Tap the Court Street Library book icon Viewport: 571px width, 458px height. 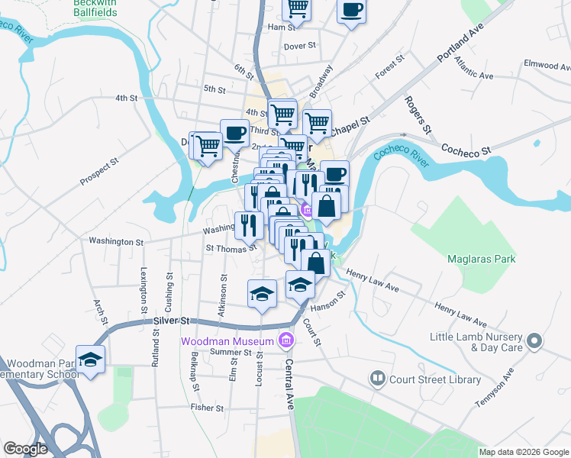pos(377,379)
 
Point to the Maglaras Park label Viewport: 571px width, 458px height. pos(481,259)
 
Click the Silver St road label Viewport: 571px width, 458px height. pos(171,322)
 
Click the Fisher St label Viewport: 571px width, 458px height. pos(207,408)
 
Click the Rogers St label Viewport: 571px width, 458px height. pos(418,112)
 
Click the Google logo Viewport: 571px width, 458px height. pos(25,449)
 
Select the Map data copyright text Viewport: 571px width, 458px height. pos(523,452)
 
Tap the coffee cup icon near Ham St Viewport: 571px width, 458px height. pos(351,11)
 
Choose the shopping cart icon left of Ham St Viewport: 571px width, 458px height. pos(297,9)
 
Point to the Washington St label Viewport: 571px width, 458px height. pos(116,241)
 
